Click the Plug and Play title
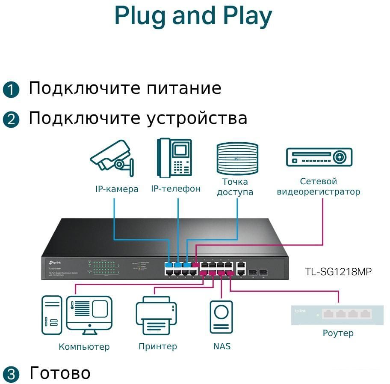click(193, 16)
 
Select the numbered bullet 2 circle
click(11, 119)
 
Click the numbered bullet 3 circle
click(11, 374)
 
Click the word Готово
click(60, 373)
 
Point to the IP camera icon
click(112, 159)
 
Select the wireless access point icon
click(237, 158)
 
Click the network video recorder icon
click(319, 157)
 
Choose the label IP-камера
click(117, 189)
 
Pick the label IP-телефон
click(175, 189)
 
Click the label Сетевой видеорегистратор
click(319, 187)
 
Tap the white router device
click(331, 315)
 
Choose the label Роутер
click(338, 333)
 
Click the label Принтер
click(157, 346)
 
